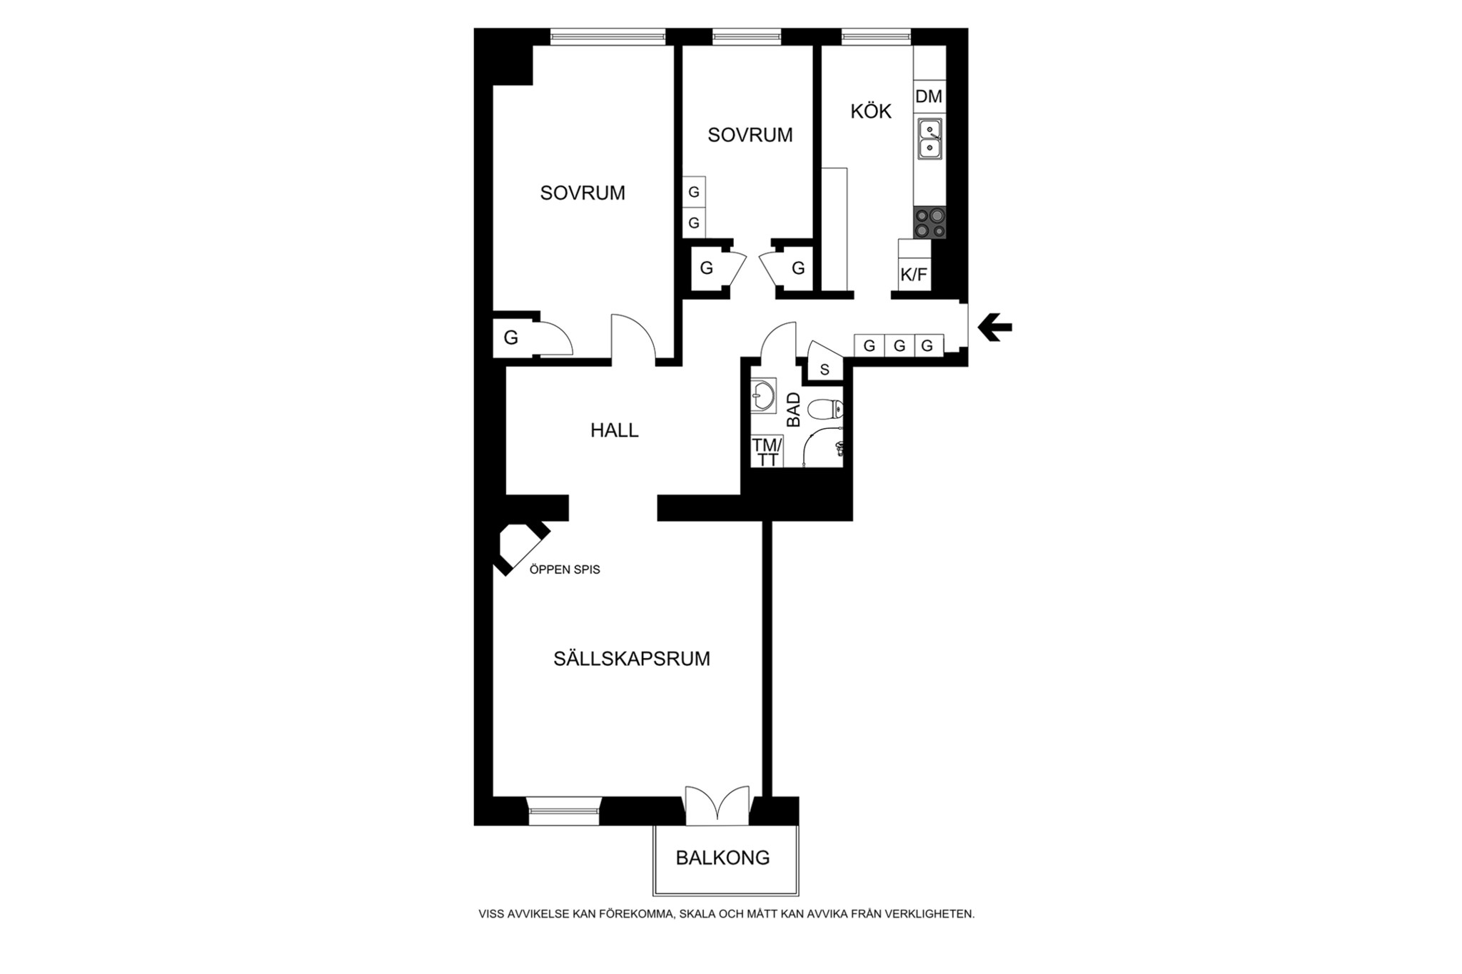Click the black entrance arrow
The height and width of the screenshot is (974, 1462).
[x=994, y=328]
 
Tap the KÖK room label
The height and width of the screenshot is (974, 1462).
[x=871, y=111]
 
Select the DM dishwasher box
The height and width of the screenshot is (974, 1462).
[x=929, y=96]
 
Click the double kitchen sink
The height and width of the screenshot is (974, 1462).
[x=929, y=138]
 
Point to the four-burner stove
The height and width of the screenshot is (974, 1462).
[x=930, y=223]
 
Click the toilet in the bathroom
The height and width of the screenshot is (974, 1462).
[x=826, y=410]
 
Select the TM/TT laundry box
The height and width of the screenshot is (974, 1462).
[x=767, y=452]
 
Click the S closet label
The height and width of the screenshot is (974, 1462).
[x=825, y=370]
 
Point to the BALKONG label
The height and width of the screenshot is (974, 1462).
[x=722, y=858]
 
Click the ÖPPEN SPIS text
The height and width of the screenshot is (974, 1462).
[x=565, y=569]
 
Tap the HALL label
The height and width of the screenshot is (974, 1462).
[x=614, y=430]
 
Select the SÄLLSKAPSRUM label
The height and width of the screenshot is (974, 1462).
[x=632, y=659]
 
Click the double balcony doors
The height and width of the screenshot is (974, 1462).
[x=717, y=806]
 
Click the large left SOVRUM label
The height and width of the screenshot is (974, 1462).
[x=583, y=193]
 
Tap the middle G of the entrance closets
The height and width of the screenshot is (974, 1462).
[x=899, y=346]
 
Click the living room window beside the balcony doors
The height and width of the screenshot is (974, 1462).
[x=564, y=811]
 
